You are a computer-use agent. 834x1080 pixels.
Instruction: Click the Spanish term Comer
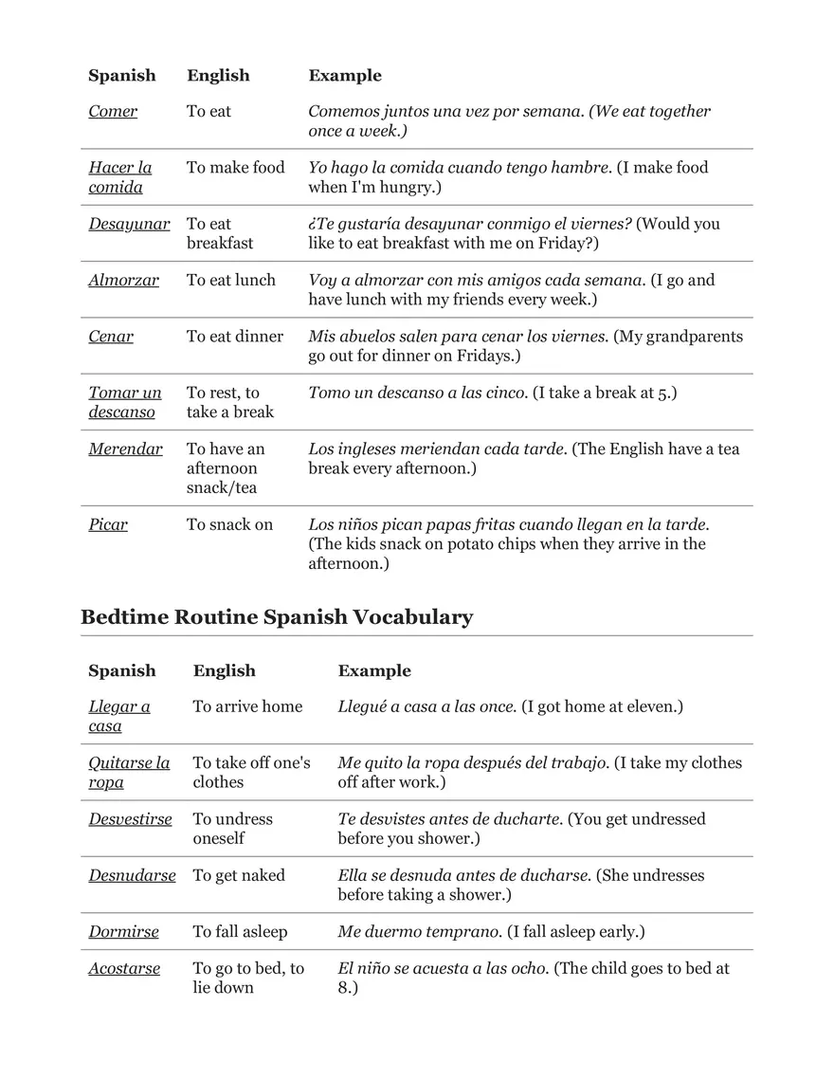[113, 112]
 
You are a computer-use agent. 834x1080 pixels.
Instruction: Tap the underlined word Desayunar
[129, 225]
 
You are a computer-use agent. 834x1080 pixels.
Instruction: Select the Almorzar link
[123, 281]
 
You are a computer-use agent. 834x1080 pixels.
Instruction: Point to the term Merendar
[125, 449]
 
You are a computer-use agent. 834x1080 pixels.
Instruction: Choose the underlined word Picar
[108, 524]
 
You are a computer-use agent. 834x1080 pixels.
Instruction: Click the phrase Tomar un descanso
[125, 402]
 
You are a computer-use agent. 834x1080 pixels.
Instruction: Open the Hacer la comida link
[119, 177]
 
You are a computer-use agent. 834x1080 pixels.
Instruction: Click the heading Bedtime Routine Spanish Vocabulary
[277, 617]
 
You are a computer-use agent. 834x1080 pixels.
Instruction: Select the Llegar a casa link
[119, 716]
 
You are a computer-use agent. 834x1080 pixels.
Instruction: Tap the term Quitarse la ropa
[129, 772]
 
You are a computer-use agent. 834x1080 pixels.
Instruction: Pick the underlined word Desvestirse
[130, 819]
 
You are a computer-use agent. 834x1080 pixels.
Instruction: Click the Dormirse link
[123, 932]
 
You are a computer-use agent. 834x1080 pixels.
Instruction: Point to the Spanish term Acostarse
[124, 969]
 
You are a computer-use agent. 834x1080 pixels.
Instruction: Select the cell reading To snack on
[229, 524]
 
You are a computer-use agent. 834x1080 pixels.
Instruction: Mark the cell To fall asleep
[240, 932]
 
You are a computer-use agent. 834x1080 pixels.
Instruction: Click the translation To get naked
[239, 875]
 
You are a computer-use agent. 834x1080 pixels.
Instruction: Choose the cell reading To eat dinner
[235, 337]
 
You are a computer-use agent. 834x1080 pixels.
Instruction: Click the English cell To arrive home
[247, 706]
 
